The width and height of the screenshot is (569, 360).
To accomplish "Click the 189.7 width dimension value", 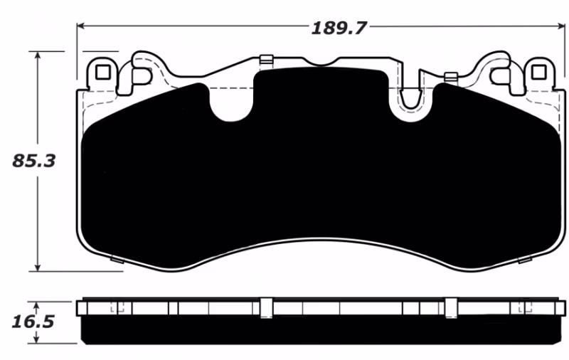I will point(338,28).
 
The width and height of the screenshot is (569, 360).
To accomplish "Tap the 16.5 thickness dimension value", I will point(33,322).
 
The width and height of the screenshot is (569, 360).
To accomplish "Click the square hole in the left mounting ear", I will point(102,72).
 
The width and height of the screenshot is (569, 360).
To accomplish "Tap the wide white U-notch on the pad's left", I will point(230,103).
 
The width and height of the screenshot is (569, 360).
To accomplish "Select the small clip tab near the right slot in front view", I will point(450,77).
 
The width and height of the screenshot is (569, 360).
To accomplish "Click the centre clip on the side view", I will point(266,307).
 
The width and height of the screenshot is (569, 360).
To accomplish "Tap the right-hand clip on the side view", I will point(450,307).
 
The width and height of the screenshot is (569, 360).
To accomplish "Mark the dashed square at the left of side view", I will point(118,307).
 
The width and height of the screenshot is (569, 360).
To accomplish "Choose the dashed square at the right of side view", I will point(527,307).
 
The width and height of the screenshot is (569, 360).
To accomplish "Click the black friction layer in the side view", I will point(320,329).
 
